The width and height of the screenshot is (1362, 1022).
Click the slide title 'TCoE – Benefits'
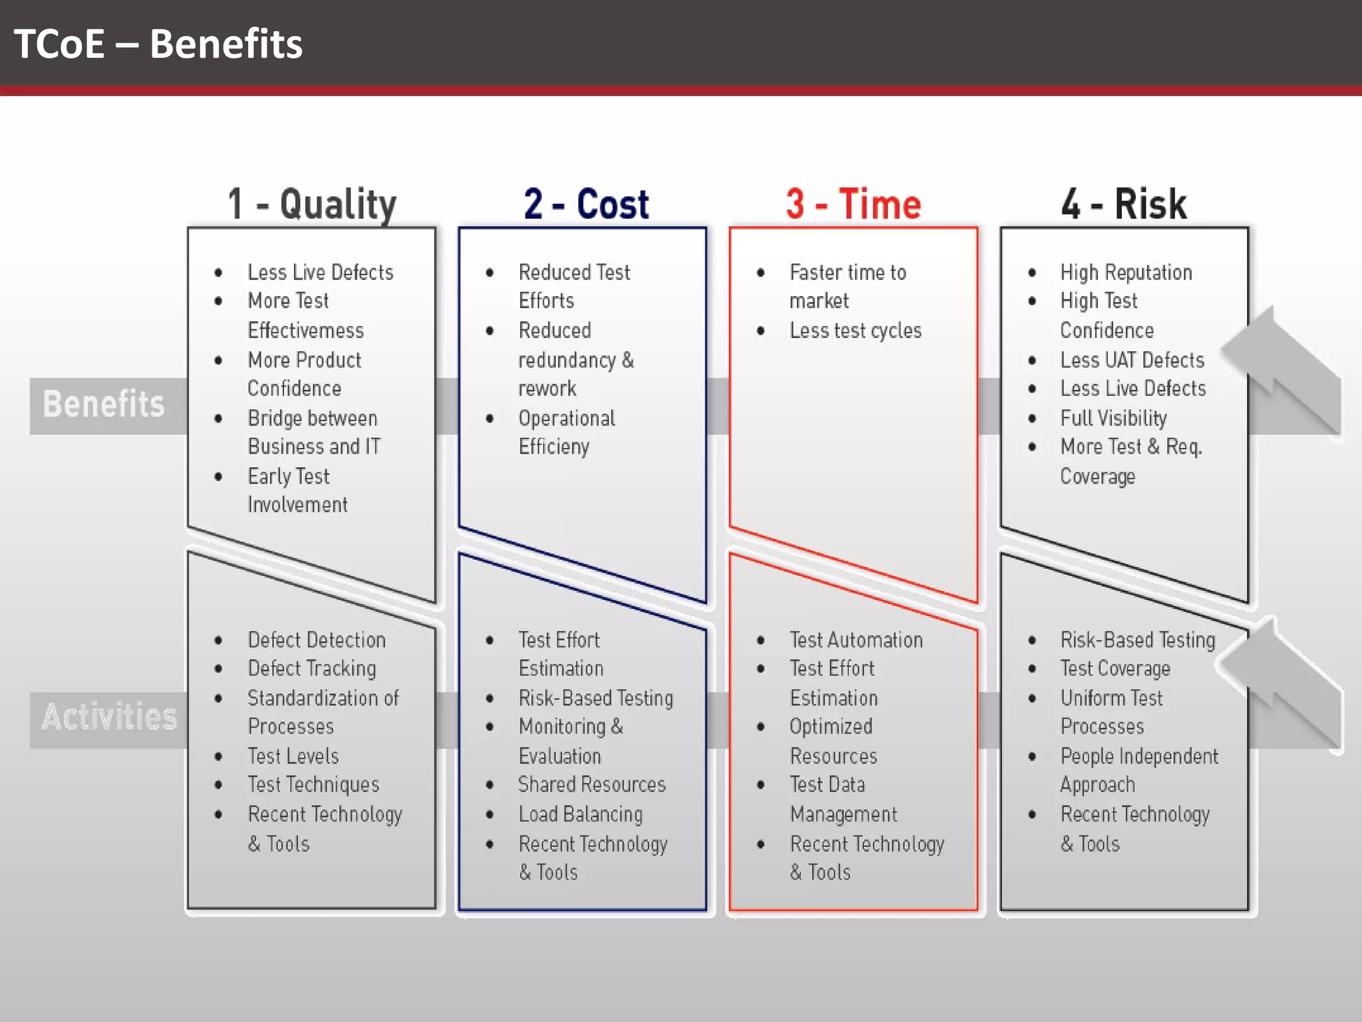(158, 44)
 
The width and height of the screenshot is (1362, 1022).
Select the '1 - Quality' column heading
(312, 204)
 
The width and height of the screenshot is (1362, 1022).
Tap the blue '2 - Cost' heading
(586, 204)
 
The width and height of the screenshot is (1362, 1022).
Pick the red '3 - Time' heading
(853, 204)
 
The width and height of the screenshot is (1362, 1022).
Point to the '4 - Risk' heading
(1124, 204)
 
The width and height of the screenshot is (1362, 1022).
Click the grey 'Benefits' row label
(104, 405)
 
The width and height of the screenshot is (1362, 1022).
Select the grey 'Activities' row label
(110, 717)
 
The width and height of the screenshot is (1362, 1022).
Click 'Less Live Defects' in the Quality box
(321, 272)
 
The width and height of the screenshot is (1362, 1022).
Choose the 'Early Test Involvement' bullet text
(297, 490)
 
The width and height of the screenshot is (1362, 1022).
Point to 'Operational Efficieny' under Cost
(567, 432)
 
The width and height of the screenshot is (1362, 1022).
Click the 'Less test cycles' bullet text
(855, 331)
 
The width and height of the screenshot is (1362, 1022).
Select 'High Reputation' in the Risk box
(1126, 272)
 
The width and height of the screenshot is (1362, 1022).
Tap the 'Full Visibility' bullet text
(1113, 418)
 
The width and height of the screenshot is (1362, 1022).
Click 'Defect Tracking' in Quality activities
(312, 668)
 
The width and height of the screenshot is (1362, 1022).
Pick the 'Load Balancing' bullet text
(581, 814)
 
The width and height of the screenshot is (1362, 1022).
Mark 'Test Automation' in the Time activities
(856, 640)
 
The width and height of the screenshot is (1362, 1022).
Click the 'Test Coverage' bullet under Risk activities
(1115, 668)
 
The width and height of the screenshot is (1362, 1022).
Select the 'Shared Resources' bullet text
(592, 784)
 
